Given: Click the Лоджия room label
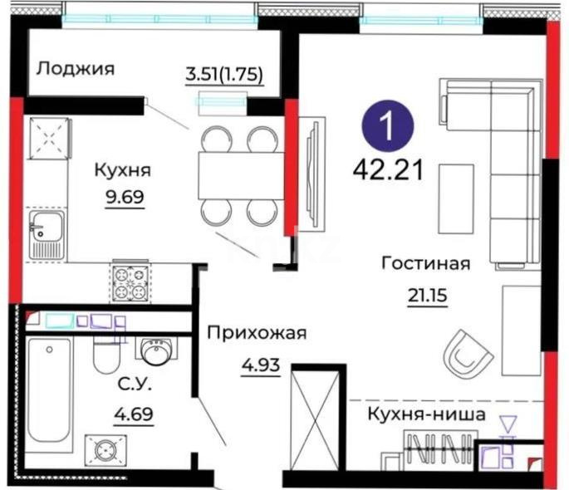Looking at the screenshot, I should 74,67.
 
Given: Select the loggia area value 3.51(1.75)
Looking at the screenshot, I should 223,74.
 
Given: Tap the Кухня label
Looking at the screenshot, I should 122,170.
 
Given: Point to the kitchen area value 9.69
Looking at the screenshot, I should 123,200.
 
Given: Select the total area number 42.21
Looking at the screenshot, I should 388,169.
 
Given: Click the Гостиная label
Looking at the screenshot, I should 425,263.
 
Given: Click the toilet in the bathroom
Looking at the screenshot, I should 105,355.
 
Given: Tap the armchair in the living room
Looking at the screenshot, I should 467,353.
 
